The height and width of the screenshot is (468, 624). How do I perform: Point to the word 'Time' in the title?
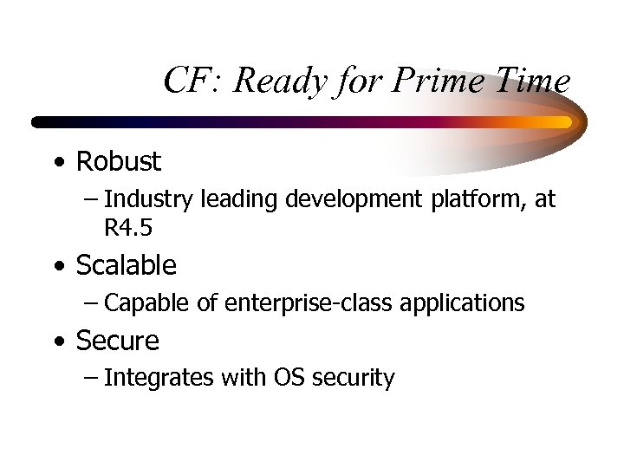(534, 81)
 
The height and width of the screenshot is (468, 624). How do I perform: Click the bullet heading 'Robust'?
(118, 161)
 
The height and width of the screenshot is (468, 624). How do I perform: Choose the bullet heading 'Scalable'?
(126, 265)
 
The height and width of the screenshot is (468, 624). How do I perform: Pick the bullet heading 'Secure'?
(117, 341)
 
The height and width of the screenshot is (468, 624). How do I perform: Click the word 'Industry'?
(148, 200)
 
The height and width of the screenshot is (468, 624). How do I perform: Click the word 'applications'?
(468, 304)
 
